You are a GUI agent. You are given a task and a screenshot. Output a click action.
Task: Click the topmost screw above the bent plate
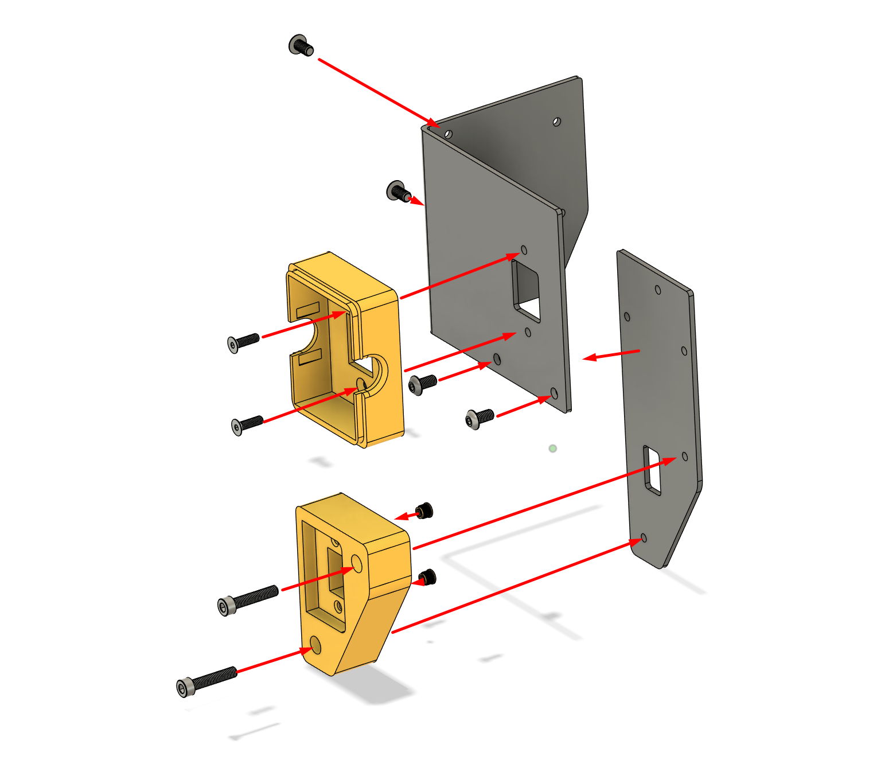(x=301, y=45)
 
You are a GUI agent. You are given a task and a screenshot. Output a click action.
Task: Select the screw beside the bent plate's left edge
(x=397, y=191)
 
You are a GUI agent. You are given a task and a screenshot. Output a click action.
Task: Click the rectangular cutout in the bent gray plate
(x=527, y=290)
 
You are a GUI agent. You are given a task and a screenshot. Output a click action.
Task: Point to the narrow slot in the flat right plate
(x=652, y=470)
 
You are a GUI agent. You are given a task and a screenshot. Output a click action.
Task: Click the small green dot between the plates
(x=552, y=449)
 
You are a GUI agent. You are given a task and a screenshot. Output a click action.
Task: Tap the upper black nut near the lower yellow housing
(x=424, y=510)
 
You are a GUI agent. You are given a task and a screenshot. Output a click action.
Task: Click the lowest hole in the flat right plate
(x=644, y=538)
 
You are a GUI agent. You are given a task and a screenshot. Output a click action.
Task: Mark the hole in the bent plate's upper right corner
(x=556, y=122)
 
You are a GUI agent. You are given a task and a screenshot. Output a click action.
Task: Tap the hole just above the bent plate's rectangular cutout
(x=524, y=250)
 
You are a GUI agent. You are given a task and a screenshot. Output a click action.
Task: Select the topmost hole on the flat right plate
(x=658, y=290)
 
